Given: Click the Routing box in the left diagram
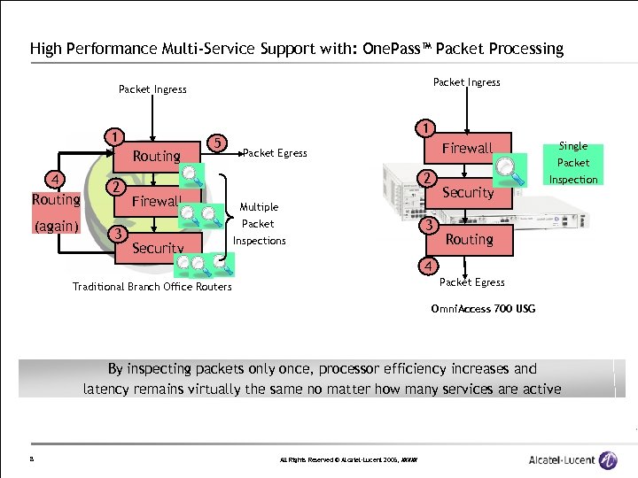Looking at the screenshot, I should pos(156,157).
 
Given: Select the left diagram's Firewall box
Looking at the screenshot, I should pos(157,202).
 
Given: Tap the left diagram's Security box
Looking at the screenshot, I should pos(158,248).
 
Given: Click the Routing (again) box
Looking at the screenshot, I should pos(56,213).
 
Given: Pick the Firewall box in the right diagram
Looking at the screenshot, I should pos(468,149).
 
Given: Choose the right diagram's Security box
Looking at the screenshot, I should pos(468,192).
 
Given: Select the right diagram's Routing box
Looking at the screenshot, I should pos(469,239).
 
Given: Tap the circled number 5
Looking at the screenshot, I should pos(216,141).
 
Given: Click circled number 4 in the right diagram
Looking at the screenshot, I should pos(429,266).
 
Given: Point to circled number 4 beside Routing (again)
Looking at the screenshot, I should pos(56,180).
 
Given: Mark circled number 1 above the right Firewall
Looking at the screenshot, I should pos(427,127).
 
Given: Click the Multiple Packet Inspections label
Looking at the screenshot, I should pos(259,224).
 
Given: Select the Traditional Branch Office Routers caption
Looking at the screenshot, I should pos(152,286).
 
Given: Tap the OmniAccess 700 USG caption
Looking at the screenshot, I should pos(482,309).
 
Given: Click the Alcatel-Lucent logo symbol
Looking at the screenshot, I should pos(608,459).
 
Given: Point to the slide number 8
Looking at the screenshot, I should pos(31,459).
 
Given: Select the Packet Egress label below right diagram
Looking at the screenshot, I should pos(471,282).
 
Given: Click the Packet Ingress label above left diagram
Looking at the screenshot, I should pos(152,89).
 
